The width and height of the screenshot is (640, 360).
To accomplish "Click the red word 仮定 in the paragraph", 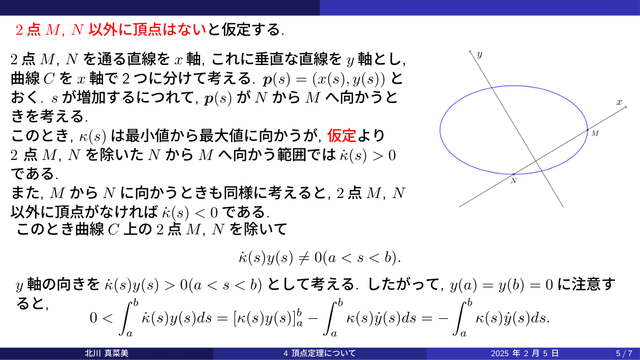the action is click(x=342, y=136).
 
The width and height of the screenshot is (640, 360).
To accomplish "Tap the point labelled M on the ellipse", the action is click(x=587, y=130).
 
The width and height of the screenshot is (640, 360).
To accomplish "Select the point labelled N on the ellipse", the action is click(x=514, y=174).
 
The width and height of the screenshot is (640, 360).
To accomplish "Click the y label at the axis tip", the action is click(x=479, y=54).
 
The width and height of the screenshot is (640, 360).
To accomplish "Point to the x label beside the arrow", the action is click(x=619, y=102).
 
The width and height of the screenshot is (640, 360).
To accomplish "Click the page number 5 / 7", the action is click(x=624, y=353).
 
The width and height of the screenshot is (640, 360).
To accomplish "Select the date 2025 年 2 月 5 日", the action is click(x=525, y=353).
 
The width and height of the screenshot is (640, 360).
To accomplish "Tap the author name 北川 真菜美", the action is click(x=107, y=353).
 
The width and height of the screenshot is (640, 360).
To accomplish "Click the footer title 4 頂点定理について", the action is click(x=319, y=353).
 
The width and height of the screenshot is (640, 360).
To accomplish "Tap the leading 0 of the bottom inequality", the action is click(x=93, y=318).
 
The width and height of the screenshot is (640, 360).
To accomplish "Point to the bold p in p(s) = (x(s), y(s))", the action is click(x=267, y=80).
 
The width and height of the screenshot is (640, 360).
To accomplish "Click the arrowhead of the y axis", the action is click(x=470, y=51).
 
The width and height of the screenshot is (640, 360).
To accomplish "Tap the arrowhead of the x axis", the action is click(x=626, y=107).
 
